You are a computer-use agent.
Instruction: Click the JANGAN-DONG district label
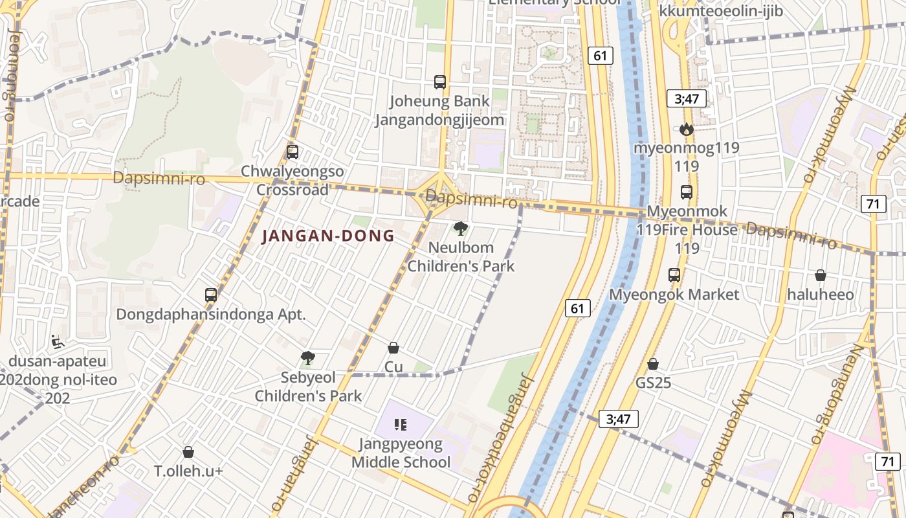tap(328, 236)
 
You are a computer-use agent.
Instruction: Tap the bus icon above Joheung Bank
tap(440, 82)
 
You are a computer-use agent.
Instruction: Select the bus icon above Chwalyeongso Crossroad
tap(293, 152)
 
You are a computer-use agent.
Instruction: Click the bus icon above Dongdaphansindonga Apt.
tap(211, 295)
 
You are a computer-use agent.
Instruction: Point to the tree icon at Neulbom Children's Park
tap(461, 228)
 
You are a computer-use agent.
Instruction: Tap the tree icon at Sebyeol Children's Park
tap(308, 357)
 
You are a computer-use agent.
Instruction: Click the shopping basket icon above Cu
tap(393, 348)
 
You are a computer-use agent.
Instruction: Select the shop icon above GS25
tap(653, 364)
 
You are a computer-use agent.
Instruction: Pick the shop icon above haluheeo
tap(821, 275)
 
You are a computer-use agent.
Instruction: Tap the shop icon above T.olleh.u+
tap(188, 452)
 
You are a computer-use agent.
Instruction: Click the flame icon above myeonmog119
tap(687, 129)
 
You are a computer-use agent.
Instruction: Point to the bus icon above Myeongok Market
tap(674, 275)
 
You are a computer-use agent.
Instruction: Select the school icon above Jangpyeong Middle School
tap(401, 425)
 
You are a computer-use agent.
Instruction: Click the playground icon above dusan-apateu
tap(58, 341)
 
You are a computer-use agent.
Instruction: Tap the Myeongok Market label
tap(674, 295)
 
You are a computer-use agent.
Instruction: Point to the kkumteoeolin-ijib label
tap(721, 11)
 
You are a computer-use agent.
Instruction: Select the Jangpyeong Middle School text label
tap(401, 453)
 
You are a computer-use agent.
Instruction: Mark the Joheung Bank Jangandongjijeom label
tap(440, 111)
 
